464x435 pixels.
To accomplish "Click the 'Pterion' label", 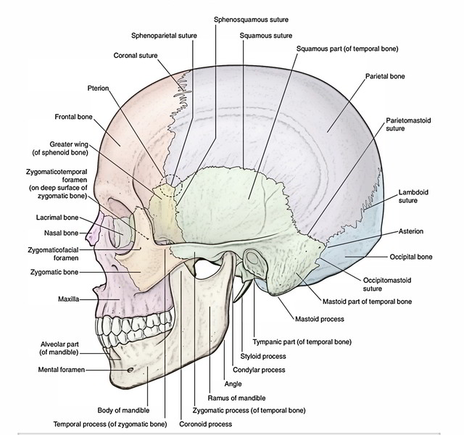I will pyautogui.click(x=97, y=88).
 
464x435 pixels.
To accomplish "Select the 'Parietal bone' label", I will pyautogui.click(x=385, y=76).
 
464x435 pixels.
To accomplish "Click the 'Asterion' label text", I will pyautogui.click(x=410, y=231).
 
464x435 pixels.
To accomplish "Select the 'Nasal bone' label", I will pyautogui.click(x=61, y=233).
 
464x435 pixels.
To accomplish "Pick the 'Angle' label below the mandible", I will pyautogui.click(x=233, y=384).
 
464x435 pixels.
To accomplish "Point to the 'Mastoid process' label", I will pyautogui.click(x=319, y=319).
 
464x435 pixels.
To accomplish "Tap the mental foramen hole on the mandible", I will pyautogui.click(x=129, y=369).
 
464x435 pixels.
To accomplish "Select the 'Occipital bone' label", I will pyautogui.click(x=410, y=257).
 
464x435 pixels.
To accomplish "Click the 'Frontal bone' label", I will pyautogui.click(x=73, y=116).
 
